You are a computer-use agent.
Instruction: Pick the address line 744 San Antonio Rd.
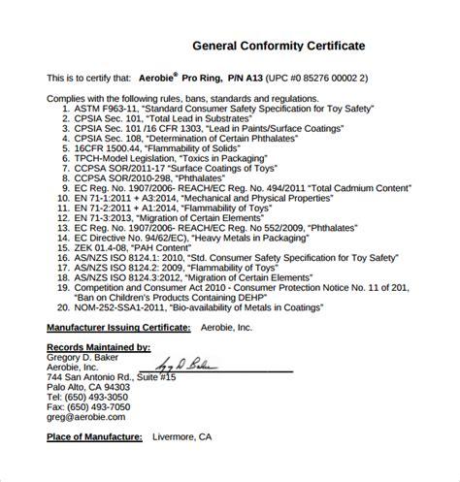[105, 376]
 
